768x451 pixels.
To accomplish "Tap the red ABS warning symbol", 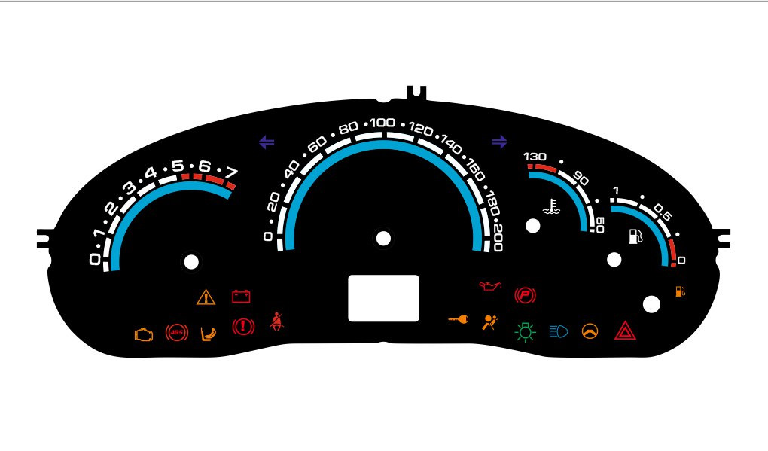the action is [176, 331].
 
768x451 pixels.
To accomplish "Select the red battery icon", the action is [241, 297].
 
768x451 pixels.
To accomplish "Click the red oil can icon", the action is [489, 286].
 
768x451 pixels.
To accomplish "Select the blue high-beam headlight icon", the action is [559, 331].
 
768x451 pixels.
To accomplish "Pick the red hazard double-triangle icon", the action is [625, 331].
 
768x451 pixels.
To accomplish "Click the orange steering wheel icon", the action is [590, 331].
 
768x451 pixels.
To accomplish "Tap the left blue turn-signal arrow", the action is [266, 141].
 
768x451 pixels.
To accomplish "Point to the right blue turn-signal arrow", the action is [499, 141].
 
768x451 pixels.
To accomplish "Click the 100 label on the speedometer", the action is [382, 123].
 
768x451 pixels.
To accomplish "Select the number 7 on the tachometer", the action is [231, 172].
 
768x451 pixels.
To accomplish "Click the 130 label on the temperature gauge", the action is [535, 157].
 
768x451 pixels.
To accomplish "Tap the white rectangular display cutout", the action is [383, 298].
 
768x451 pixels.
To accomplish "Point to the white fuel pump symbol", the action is [635, 236].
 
